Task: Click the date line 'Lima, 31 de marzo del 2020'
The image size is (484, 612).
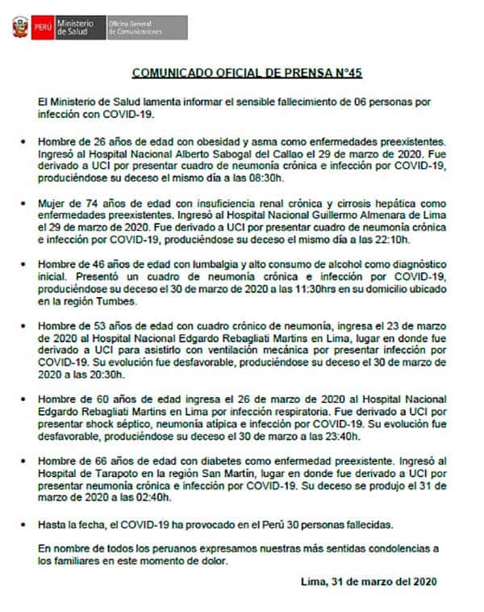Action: pyautogui.click(x=367, y=581)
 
